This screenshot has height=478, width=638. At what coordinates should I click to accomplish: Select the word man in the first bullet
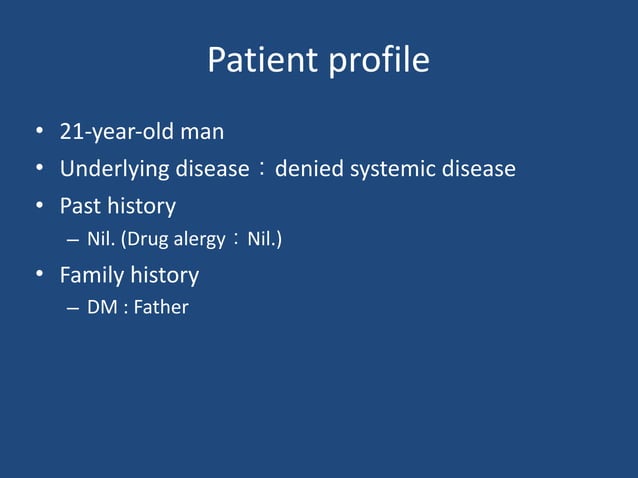coord(202,132)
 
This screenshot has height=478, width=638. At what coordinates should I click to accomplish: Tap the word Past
coord(81,206)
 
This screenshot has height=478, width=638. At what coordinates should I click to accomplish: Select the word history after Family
coord(164,274)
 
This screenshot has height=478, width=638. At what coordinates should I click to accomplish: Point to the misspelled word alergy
coord(200,240)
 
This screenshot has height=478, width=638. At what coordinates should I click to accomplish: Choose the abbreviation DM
coord(101,307)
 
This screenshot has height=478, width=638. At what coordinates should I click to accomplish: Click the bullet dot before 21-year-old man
coord(38,133)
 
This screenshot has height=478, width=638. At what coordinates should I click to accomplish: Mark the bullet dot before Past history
coord(38,207)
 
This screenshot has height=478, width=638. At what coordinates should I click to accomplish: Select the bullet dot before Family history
coord(38,275)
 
